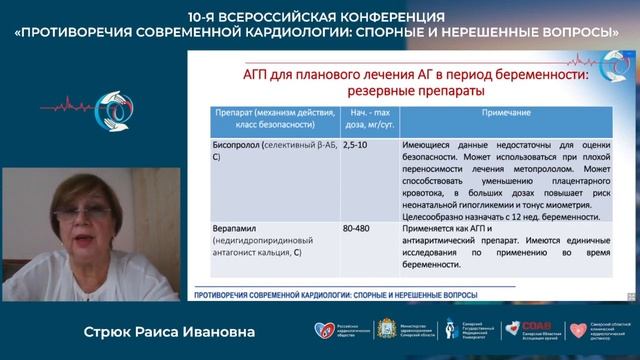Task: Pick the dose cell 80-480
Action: [356, 229]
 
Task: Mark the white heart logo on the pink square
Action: [577, 329]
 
